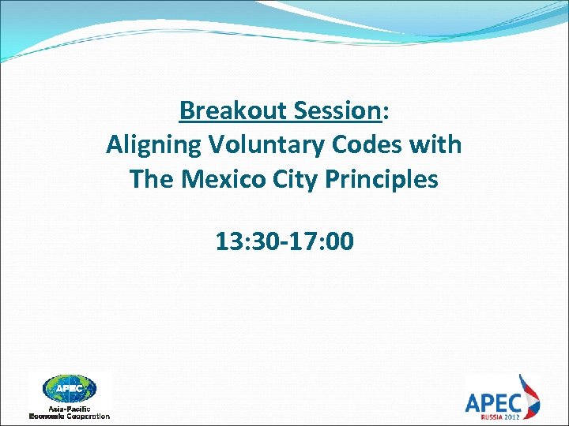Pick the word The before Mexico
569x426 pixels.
pyautogui.click(x=152, y=179)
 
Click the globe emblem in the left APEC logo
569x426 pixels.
pyautogui.click(x=70, y=388)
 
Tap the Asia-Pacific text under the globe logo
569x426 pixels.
pyautogui.click(x=70, y=408)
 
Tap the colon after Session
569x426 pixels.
pyautogui.click(x=386, y=112)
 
